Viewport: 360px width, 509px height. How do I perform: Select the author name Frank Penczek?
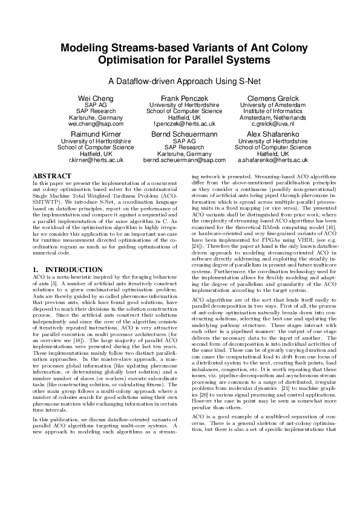(180, 98)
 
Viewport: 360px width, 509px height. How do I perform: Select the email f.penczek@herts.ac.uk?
(180, 124)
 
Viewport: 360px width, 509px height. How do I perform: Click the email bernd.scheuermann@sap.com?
(180, 160)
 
